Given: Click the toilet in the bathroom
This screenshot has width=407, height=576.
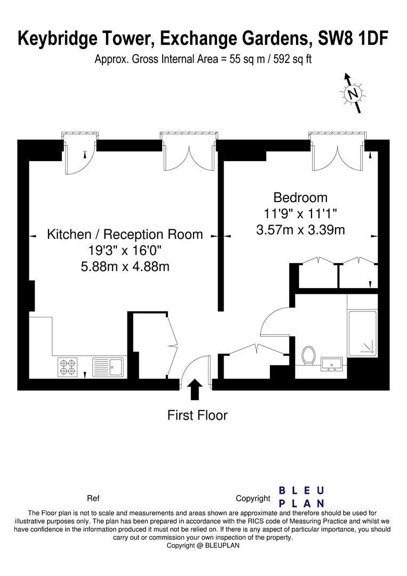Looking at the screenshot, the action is pos(308,355).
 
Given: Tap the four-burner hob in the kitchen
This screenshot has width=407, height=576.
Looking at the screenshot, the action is pos(68,367).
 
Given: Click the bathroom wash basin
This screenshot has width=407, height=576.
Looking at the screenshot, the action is pos(332,364).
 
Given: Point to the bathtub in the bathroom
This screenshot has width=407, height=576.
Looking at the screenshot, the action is pos(363,333).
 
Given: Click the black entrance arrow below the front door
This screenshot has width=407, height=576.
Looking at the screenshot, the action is pos(195,389).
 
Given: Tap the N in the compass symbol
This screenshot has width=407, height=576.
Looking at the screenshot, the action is pos(353,94).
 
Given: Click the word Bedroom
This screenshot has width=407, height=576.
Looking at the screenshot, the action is pos(300,197).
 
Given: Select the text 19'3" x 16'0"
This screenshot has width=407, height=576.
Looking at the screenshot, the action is pos(125,250).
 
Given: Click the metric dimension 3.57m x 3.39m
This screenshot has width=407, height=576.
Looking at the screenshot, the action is pos(300,230).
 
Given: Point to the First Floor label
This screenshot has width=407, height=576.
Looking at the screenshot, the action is pos(197,415).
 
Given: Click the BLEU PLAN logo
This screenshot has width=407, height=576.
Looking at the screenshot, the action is pos(301,497).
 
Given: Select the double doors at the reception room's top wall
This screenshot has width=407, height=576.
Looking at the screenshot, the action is pos(189,156).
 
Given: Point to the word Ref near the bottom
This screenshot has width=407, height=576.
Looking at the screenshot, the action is pos(93,498).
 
